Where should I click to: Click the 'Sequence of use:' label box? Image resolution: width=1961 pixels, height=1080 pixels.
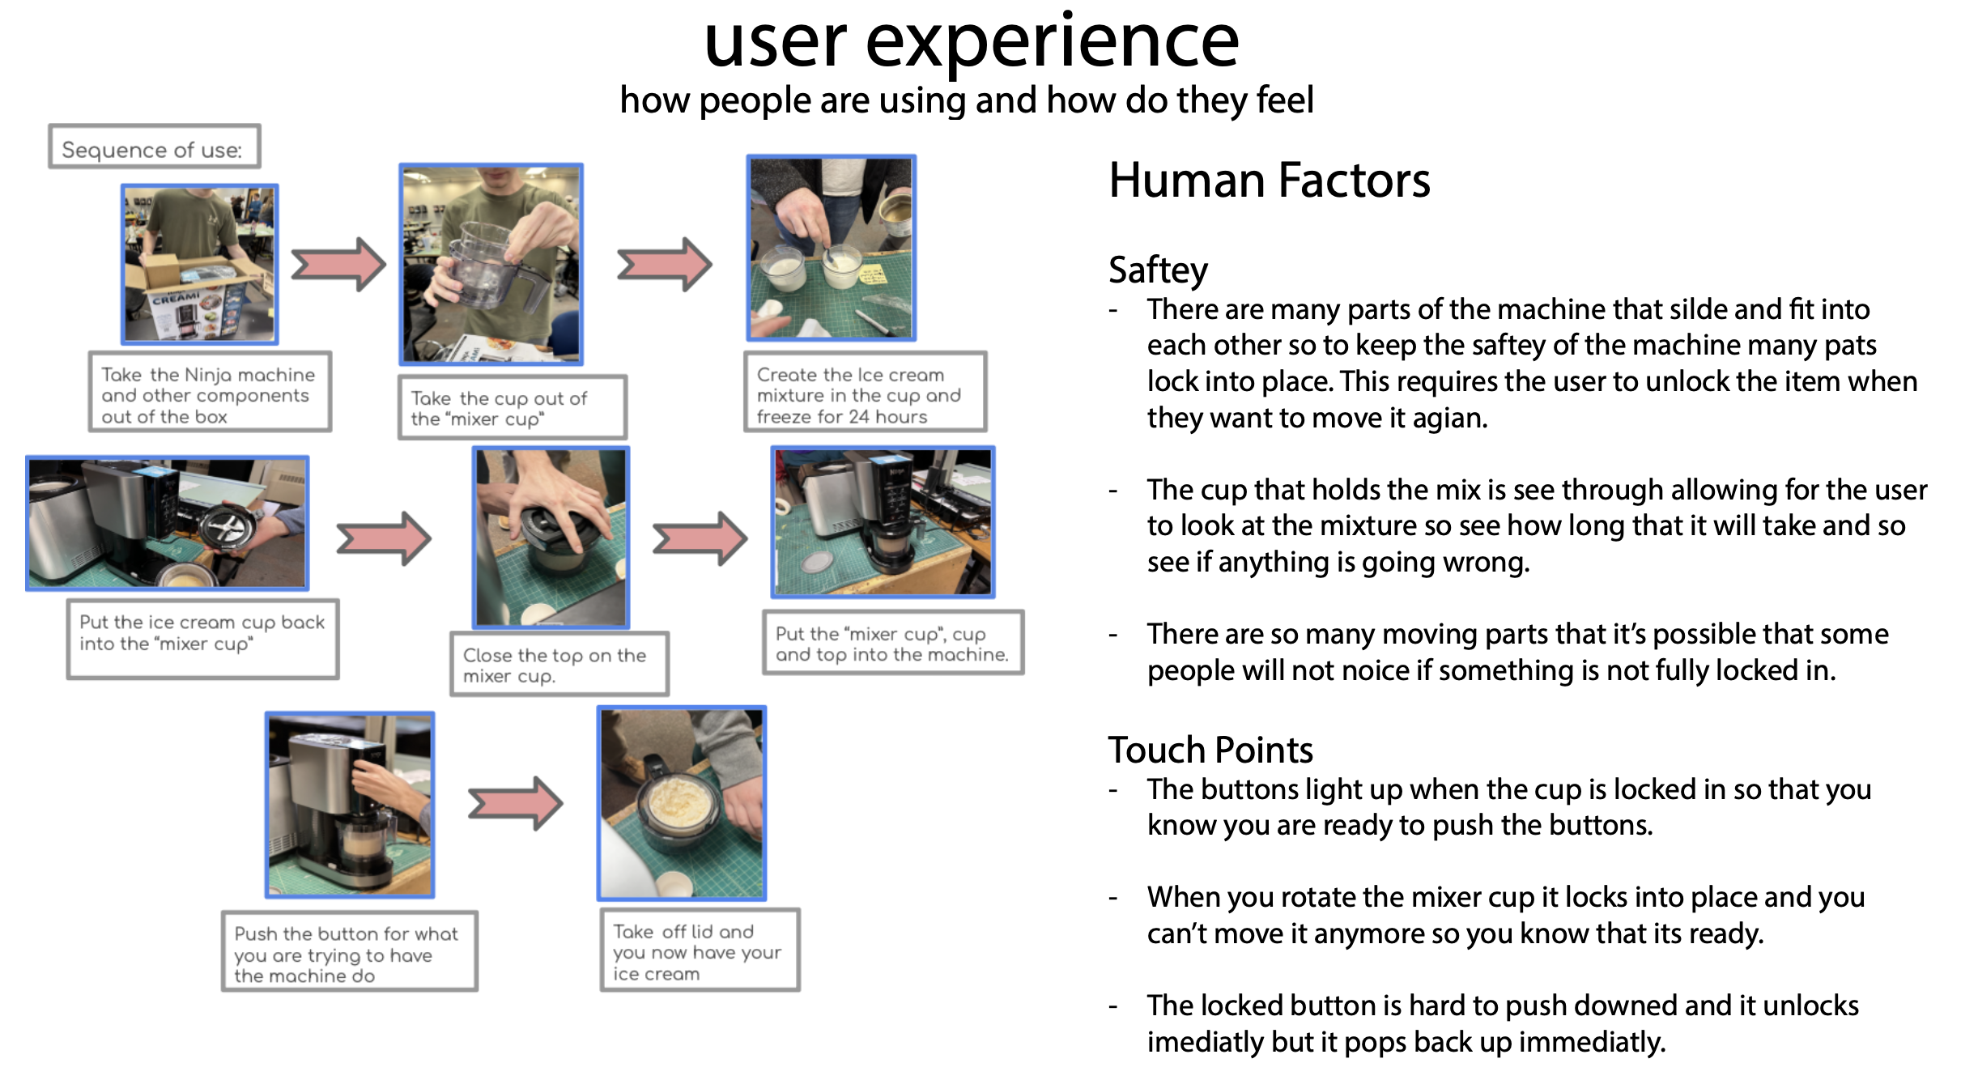click(154, 147)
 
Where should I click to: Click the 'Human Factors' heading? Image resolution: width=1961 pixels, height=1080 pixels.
click(1269, 180)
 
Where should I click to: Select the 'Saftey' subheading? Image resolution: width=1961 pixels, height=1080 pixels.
click(1158, 270)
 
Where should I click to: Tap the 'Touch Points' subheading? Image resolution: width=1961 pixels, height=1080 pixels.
click(1210, 750)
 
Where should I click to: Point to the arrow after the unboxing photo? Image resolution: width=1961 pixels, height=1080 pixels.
click(338, 264)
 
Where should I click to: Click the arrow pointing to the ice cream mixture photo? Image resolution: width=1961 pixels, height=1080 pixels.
click(664, 264)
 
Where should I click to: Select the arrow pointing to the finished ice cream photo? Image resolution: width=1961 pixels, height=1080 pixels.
click(516, 803)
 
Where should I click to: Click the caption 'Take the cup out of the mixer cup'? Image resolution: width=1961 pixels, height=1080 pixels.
click(513, 407)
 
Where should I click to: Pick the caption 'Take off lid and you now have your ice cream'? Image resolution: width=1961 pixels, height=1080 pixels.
click(700, 951)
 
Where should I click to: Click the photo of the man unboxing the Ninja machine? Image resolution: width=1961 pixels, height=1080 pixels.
click(200, 264)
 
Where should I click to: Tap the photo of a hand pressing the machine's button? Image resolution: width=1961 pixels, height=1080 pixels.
click(350, 805)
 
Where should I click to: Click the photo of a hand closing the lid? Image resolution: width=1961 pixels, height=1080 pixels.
click(551, 538)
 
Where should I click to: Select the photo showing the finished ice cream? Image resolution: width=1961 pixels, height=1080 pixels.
click(682, 803)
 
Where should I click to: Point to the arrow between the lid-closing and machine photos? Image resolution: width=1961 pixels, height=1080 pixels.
click(700, 538)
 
